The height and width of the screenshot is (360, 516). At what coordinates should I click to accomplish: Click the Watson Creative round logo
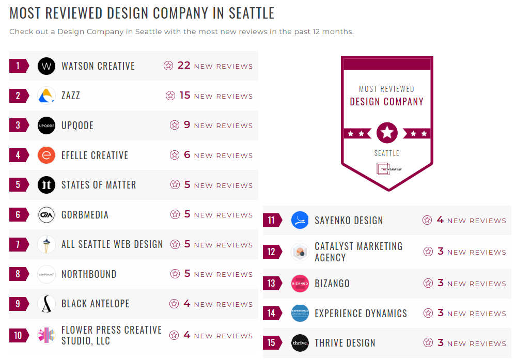tap(46, 66)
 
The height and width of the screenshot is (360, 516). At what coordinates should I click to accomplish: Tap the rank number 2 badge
tap(19, 96)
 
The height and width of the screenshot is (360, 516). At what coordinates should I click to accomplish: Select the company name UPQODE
tap(77, 126)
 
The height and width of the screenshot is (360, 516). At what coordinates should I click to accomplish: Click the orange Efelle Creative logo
tap(46, 155)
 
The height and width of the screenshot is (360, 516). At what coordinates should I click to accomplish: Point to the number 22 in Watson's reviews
tap(184, 66)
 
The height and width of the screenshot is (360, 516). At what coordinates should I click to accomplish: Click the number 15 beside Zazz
tap(185, 96)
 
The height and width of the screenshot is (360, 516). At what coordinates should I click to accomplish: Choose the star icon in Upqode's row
tap(175, 125)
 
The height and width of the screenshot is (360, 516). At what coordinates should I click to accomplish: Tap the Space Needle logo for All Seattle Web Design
tap(46, 244)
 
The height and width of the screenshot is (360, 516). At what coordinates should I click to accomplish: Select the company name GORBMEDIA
tap(85, 215)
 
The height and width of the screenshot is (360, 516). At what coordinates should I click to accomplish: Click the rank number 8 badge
tap(19, 274)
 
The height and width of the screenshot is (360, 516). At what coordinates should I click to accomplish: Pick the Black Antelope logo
tap(46, 304)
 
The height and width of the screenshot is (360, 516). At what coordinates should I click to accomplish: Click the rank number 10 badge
tap(19, 336)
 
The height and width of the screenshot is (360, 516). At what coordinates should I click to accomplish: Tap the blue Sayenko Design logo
tap(300, 221)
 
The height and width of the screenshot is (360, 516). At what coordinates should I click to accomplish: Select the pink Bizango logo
tap(300, 284)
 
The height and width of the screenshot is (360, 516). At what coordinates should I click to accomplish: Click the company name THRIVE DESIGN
tap(345, 343)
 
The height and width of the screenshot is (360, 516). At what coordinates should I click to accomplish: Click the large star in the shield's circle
tap(387, 133)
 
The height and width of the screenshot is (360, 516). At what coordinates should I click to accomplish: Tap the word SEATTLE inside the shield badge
tap(387, 153)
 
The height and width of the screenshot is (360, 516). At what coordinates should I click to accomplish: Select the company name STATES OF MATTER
tap(99, 185)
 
